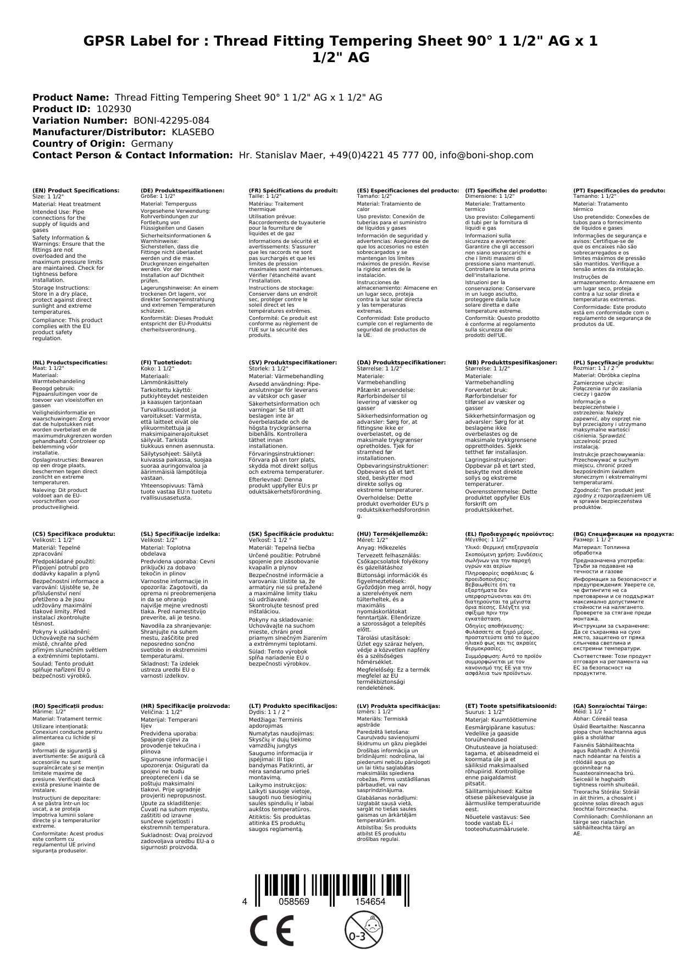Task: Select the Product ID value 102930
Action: [x=114, y=109]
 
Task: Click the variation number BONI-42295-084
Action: [x=171, y=120]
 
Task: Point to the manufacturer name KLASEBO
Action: [x=193, y=132]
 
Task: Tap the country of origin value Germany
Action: [x=152, y=143]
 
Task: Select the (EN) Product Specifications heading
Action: [x=76, y=190]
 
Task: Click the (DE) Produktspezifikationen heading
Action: [x=182, y=190]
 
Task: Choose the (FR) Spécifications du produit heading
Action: [x=293, y=190]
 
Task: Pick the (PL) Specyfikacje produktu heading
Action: [x=613, y=363]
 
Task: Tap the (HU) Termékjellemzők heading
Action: [x=392, y=534]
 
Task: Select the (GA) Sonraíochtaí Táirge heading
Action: [x=610, y=706]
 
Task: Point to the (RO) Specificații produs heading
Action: [x=68, y=706]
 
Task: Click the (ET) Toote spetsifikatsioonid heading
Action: [x=511, y=706]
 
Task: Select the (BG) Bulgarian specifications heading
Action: [x=623, y=534]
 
